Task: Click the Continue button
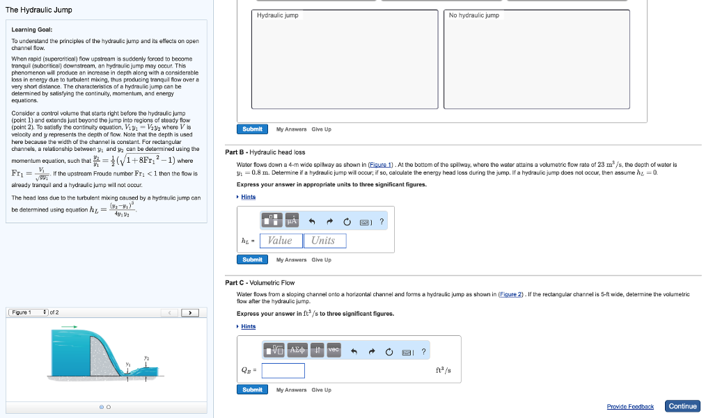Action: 682,406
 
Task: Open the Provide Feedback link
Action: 630,407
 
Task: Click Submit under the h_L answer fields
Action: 252,259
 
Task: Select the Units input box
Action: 323,241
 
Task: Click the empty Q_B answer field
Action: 283,371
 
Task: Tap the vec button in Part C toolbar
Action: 334,350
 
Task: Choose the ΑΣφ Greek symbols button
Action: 293,350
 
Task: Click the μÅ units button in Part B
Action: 292,220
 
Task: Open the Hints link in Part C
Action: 249,326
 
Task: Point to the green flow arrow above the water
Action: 70,325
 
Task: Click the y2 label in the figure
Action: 146,357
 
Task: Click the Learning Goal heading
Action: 32,29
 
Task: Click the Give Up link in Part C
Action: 322,389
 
